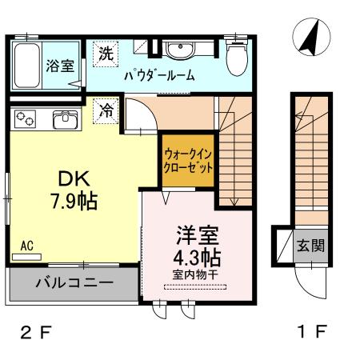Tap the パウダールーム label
coord(159,78)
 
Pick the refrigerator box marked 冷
coord(106,110)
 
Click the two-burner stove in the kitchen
coord(25,120)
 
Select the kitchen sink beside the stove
coord(63,121)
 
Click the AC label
coord(26,247)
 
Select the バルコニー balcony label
coord(72,282)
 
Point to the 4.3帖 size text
coord(196,258)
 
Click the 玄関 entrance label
coord(311,245)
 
